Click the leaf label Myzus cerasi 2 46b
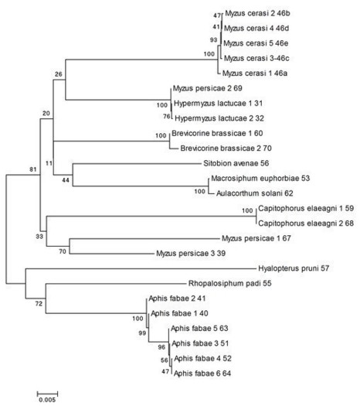(257, 13)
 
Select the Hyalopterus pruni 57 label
(294, 268)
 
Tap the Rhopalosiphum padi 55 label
(230, 283)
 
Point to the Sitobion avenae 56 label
(236, 163)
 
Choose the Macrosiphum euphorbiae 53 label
(260, 178)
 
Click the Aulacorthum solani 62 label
(255, 193)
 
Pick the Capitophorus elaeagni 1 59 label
(306, 208)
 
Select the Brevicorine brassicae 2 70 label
(226, 148)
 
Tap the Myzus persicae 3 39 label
(191, 253)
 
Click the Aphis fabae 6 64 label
(202, 374)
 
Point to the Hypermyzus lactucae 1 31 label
(218, 104)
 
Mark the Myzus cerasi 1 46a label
(255, 73)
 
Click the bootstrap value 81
(33, 169)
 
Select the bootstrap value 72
(39, 303)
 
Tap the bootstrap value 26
(59, 74)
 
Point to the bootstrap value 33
(39, 237)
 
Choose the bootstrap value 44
(66, 180)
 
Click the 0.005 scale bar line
(47, 394)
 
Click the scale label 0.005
(47, 400)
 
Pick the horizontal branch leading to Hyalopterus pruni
(141, 269)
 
